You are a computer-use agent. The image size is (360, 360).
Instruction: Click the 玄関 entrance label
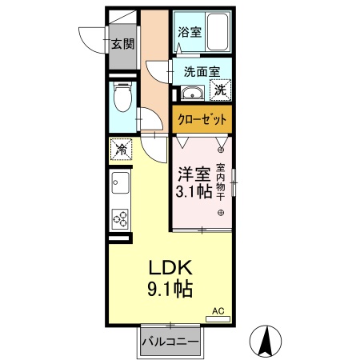[x=122, y=43]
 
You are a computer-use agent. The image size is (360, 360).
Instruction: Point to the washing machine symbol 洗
[x=220, y=90]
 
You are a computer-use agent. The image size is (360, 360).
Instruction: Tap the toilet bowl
[x=122, y=101]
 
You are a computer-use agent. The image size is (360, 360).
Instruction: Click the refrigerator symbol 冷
[x=121, y=149]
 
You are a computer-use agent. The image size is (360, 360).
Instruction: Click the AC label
[x=218, y=310]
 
